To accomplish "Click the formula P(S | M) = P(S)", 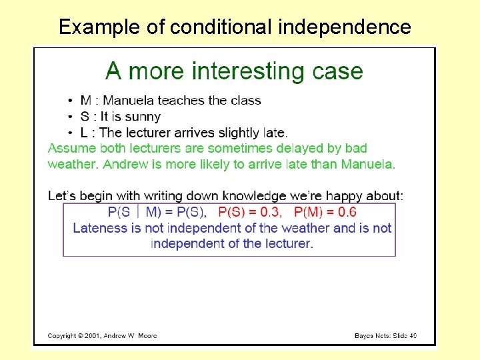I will [157, 213].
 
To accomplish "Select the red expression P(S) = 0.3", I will [250, 213].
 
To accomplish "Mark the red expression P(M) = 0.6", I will [325, 213].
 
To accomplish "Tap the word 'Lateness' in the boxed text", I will [99, 228].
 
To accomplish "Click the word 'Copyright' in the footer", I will [63, 335].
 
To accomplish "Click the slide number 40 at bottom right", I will [413, 335].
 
